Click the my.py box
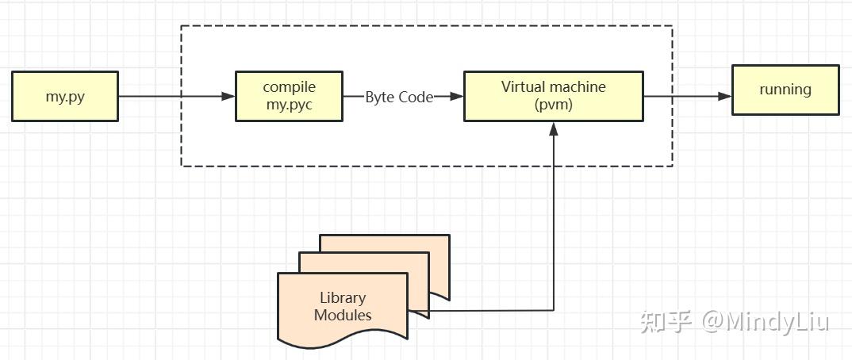[65, 96]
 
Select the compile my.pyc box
[289, 96]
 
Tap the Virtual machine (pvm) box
[553, 96]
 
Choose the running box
[785, 90]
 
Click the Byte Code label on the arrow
[399, 97]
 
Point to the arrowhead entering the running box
[724, 97]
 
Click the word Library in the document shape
[343, 298]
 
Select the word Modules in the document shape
[343, 315]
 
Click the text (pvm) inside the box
[553, 105]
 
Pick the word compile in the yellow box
[289, 87]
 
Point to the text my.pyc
[289, 105]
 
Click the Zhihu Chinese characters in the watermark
[666, 321]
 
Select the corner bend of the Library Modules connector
[553, 309]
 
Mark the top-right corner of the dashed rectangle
[672, 26]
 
